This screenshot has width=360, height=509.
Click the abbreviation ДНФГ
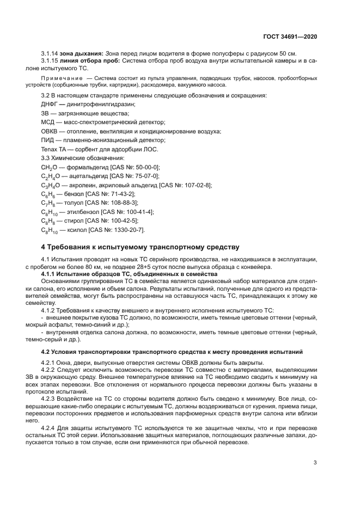pyautogui.click(x=50, y=104)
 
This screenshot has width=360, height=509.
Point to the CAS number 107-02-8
pyautogui.click(x=196, y=185)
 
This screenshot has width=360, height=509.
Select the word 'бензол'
pyautogui.click(x=74, y=194)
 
